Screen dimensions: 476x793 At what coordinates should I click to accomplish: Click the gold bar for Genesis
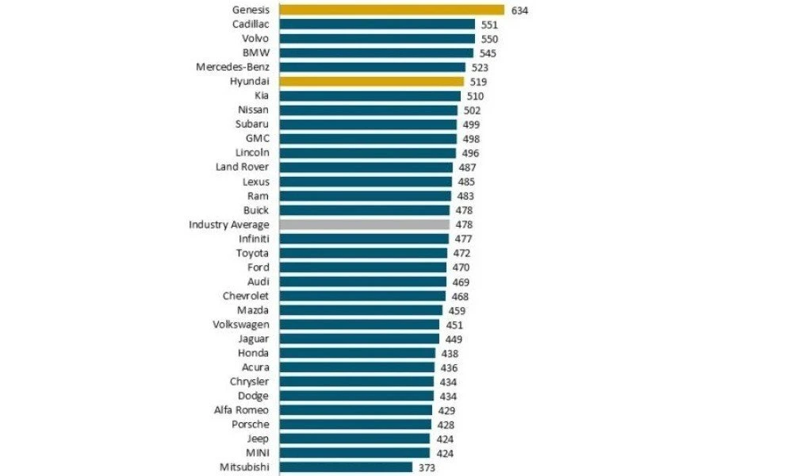tap(392, 10)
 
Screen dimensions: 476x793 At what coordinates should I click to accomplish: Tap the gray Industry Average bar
tap(365, 225)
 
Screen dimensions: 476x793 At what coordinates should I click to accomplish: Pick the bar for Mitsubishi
tap(346, 467)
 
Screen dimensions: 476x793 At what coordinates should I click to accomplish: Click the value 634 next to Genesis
tap(519, 10)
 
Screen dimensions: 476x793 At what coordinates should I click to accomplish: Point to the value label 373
tap(427, 467)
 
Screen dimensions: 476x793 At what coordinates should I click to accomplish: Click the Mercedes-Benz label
tap(232, 67)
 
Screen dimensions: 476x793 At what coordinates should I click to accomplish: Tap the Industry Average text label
tap(228, 225)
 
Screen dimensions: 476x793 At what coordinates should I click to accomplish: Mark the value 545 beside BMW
tap(488, 53)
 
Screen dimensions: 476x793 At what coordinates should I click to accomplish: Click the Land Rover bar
tap(366, 167)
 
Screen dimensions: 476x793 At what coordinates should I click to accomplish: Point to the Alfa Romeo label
tap(241, 410)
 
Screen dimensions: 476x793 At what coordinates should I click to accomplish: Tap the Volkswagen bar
tap(359, 324)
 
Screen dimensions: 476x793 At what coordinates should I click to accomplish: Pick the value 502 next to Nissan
tap(473, 110)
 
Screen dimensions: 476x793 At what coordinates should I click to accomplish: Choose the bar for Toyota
tap(363, 253)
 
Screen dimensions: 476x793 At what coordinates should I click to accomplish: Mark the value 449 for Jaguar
tap(454, 339)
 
